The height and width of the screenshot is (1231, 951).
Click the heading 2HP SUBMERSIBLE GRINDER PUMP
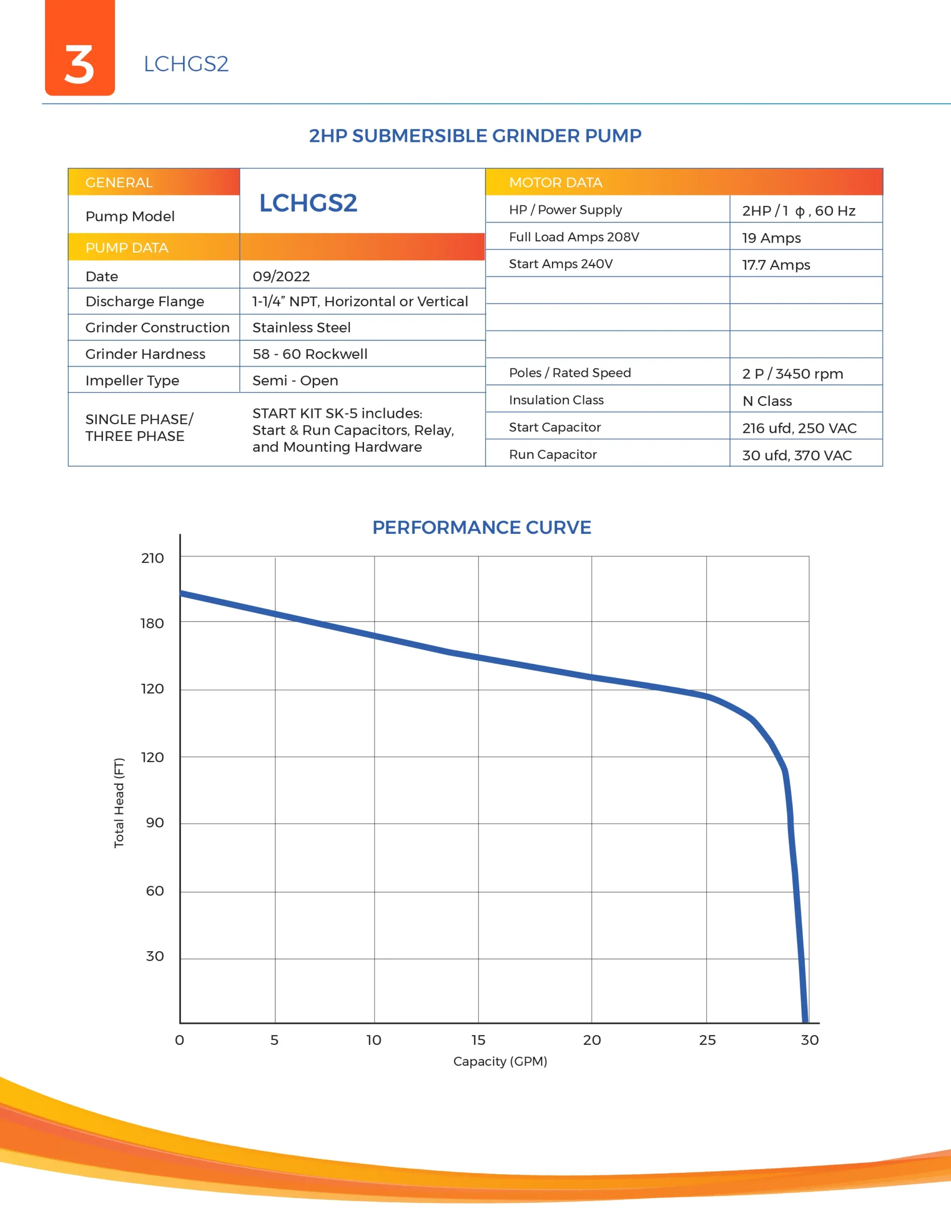(475, 136)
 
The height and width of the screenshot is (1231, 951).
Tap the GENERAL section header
(119, 183)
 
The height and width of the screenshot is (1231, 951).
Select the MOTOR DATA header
(555, 183)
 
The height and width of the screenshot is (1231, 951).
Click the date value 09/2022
(281, 276)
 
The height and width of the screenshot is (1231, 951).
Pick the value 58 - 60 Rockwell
(310, 354)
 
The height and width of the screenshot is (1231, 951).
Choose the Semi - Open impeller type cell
(295, 380)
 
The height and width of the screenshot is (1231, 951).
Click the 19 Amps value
(771, 238)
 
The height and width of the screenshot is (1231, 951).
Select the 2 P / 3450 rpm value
(792, 374)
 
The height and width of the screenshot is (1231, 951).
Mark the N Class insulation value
(767, 401)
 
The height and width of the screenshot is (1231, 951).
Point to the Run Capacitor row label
(552, 454)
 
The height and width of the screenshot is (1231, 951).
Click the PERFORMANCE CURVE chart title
(481, 528)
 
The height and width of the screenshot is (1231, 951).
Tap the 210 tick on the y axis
(152, 558)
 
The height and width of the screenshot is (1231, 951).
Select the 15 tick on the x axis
(478, 1040)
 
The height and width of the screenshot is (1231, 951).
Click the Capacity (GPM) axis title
(500, 1061)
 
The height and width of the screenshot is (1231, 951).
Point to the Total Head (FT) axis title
(119, 803)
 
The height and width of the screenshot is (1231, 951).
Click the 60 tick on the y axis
(154, 891)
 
